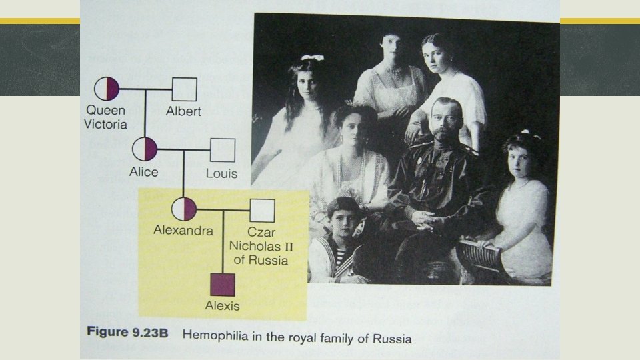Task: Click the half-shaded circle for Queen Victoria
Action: point(107,89)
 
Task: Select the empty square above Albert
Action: point(185,89)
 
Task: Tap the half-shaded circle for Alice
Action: point(145,149)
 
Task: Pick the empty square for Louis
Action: point(223,150)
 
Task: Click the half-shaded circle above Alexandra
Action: point(184,209)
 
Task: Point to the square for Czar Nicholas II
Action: point(263,211)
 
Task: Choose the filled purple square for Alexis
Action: point(223,285)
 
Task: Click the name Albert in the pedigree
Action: point(183,111)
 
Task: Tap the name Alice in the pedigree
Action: point(144,172)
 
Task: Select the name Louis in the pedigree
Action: point(221,175)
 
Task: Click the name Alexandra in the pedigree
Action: point(183,231)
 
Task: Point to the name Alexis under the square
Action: point(223,307)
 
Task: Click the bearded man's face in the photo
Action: point(445,121)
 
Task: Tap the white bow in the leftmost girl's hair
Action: point(311,59)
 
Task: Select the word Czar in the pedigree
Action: point(261,233)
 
